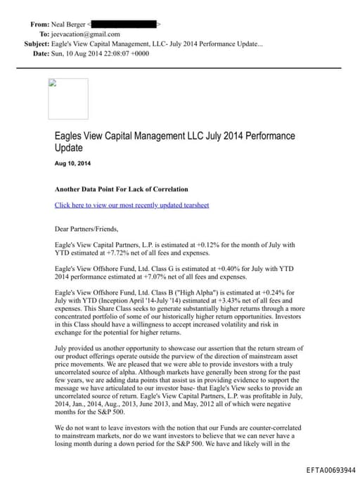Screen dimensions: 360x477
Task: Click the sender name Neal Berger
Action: [x=68, y=24]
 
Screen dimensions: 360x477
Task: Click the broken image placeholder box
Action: [x=67, y=98]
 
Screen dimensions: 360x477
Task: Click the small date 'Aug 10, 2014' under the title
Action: [x=72, y=164]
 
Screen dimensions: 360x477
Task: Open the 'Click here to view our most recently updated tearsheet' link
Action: [x=131, y=205]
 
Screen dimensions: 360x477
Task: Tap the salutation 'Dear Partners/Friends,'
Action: [x=86, y=229]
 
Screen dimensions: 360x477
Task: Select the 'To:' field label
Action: [x=44, y=34]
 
